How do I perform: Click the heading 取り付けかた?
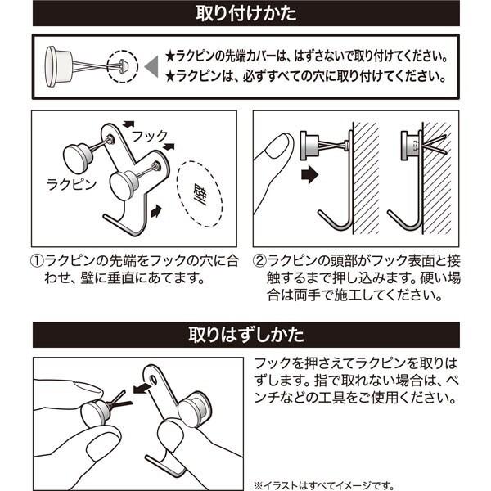tap(246, 13)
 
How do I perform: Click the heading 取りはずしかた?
tap(246, 335)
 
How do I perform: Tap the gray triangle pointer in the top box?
tap(152, 67)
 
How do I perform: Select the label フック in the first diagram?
tap(150, 136)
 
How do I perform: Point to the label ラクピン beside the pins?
tap(71, 184)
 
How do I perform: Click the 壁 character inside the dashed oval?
tap(200, 194)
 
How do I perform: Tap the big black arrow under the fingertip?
tap(309, 174)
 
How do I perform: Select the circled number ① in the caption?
tap(37, 261)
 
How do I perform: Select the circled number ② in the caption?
tap(259, 261)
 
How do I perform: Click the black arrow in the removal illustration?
tap(142, 388)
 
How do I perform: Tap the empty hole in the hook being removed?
tap(154, 379)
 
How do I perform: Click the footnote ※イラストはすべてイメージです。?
tap(324, 485)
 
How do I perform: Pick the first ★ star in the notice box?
tap(170, 57)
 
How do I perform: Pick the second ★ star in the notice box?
tap(170, 77)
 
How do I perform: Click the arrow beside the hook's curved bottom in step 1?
tap(156, 211)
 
